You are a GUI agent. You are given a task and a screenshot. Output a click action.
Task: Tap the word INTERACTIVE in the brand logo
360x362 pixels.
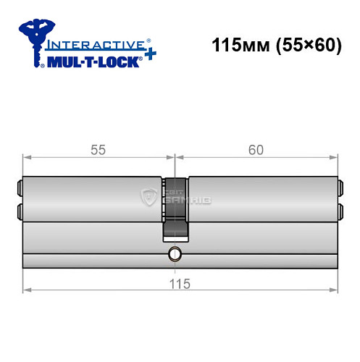coord(96,45)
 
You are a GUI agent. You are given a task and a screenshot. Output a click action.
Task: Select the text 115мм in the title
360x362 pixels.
coord(234,45)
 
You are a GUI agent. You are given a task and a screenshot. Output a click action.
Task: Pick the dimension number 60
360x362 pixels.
coord(256,150)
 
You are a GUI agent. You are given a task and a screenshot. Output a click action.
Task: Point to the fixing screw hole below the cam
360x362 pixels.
coord(174,254)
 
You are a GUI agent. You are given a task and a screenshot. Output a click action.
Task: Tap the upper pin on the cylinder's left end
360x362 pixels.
coord(18,190)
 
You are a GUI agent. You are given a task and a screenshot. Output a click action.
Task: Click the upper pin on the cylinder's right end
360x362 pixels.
coord(339,190)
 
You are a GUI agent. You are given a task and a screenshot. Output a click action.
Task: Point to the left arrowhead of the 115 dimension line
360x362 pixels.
coord(27,291)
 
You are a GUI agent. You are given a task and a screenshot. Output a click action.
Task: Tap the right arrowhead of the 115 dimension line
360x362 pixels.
coord(335,291)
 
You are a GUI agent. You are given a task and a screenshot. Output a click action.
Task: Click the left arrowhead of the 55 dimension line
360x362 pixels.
coord(27,157)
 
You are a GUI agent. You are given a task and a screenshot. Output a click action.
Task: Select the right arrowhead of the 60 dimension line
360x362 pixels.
coord(335,157)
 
